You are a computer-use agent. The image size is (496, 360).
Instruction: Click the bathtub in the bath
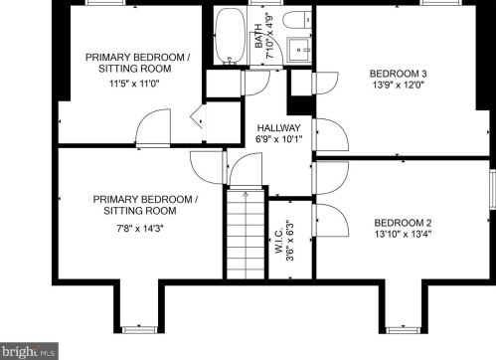230,36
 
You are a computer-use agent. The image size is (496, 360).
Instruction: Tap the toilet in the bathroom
297,20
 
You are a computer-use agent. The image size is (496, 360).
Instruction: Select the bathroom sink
299,50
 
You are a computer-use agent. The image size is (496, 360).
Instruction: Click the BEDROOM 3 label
399,74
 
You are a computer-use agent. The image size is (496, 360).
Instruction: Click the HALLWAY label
279,128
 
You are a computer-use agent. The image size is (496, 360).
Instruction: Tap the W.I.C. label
278,241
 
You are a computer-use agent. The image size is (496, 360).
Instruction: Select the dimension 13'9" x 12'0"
399,85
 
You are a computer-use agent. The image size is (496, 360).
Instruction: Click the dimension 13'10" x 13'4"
403,234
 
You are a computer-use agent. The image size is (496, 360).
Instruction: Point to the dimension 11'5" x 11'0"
134,84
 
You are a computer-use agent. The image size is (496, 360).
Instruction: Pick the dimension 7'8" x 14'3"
140,228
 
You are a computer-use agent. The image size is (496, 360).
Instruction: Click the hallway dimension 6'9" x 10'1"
279,139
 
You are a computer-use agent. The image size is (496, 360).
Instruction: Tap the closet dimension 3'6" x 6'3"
290,240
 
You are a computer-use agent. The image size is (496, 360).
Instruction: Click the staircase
246,234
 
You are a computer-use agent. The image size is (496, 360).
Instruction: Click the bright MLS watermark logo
29,351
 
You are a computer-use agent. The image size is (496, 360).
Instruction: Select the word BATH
258,36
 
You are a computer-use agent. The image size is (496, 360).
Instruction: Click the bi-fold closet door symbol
197,116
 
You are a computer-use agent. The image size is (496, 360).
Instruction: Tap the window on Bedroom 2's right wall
493,189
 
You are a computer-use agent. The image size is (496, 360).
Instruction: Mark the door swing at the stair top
246,169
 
